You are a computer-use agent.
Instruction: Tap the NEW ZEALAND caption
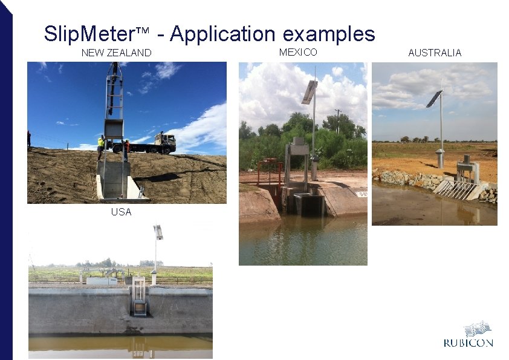[x=116, y=53]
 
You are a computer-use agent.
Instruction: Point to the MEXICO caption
[x=298, y=52]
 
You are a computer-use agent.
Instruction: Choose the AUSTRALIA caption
[x=435, y=53]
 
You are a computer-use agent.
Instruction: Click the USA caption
[x=121, y=212]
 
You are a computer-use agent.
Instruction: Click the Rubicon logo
[x=468, y=335]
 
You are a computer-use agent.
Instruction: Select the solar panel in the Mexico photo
[x=309, y=91]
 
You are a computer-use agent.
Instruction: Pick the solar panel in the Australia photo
[x=433, y=98]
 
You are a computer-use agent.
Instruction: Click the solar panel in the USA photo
[x=158, y=231]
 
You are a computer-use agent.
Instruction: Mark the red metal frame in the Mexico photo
[x=270, y=171]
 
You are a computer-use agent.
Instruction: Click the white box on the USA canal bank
[x=101, y=281]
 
